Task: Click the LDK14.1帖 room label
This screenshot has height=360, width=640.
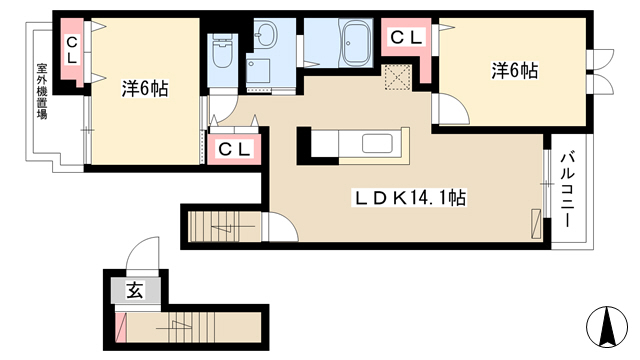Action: click(410, 198)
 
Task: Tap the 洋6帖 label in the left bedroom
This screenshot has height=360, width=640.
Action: click(145, 89)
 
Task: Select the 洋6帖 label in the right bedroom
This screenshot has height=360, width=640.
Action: click(515, 71)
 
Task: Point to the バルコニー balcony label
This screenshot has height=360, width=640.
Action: click(567, 190)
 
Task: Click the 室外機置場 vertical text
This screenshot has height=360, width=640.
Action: click(42, 91)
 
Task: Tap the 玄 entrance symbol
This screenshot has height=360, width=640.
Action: click(135, 290)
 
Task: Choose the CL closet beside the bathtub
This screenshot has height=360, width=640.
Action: click(405, 38)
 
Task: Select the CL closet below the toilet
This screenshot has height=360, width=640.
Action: click(234, 149)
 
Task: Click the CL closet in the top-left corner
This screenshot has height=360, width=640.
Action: click(72, 49)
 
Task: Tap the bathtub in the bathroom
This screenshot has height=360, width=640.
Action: click(357, 43)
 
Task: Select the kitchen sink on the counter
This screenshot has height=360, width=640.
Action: click(377, 143)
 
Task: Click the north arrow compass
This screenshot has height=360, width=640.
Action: click(607, 327)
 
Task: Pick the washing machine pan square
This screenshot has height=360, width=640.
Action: click(258, 70)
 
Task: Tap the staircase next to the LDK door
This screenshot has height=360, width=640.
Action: click(224, 226)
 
